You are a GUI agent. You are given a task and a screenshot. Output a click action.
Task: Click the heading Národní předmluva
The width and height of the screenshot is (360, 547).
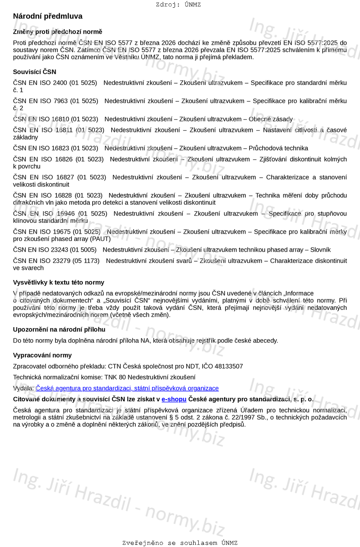click(47, 16)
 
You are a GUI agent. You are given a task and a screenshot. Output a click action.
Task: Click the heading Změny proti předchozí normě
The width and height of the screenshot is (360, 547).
click(57, 32)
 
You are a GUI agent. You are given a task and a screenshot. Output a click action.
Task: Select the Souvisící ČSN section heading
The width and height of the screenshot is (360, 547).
click(34, 72)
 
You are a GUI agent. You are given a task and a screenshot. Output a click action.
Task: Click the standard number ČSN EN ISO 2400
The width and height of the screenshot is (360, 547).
click(40, 83)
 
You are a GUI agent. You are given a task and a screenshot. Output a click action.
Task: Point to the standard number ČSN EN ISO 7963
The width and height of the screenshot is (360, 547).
click(41, 101)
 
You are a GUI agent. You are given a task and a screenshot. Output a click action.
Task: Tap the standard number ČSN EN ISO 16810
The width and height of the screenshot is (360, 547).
click(41, 119)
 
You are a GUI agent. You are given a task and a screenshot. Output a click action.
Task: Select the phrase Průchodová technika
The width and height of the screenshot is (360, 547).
click(278, 148)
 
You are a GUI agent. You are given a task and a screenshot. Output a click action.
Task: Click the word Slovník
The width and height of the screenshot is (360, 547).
click(319, 250)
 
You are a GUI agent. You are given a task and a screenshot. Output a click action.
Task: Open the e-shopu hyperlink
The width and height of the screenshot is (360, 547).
click(174, 400)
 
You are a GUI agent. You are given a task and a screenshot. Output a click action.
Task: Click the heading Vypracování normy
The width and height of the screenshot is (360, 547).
click(42, 356)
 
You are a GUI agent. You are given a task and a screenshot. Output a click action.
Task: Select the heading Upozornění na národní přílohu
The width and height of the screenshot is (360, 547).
click(59, 330)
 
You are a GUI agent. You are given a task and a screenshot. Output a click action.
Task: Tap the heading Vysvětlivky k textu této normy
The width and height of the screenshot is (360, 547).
click(59, 283)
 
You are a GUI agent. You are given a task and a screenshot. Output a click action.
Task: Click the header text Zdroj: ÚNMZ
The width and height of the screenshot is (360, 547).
click(178, 5)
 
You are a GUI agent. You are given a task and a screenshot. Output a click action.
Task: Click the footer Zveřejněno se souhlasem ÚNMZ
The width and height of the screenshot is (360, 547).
click(180, 543)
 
